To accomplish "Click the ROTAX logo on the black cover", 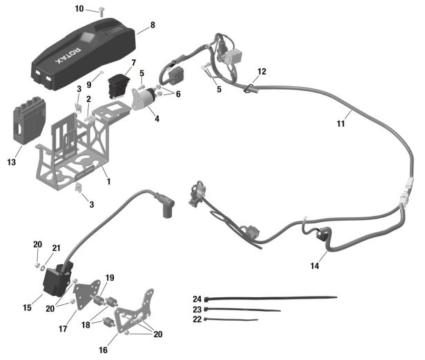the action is [68, 56].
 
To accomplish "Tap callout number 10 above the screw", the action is [79, 9].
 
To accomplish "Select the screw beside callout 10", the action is [101, 12].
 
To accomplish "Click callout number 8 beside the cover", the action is [152, 25].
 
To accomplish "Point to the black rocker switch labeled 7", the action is [118, 86].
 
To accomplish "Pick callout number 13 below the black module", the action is [11, 162].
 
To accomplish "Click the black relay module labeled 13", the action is [29, 121].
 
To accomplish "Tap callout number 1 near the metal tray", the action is [109, 181].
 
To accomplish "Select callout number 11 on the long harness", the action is [341, 123].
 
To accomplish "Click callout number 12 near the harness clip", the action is [262, 72].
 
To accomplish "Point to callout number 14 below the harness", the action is [315, 266].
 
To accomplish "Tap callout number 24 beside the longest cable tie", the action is [197, 299].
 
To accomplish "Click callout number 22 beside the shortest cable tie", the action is [197, 319].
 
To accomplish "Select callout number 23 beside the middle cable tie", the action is [197, 310].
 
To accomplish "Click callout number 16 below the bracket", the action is [103, 350].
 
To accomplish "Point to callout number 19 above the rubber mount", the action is [110, 278].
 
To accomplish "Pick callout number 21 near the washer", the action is [56, 248].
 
